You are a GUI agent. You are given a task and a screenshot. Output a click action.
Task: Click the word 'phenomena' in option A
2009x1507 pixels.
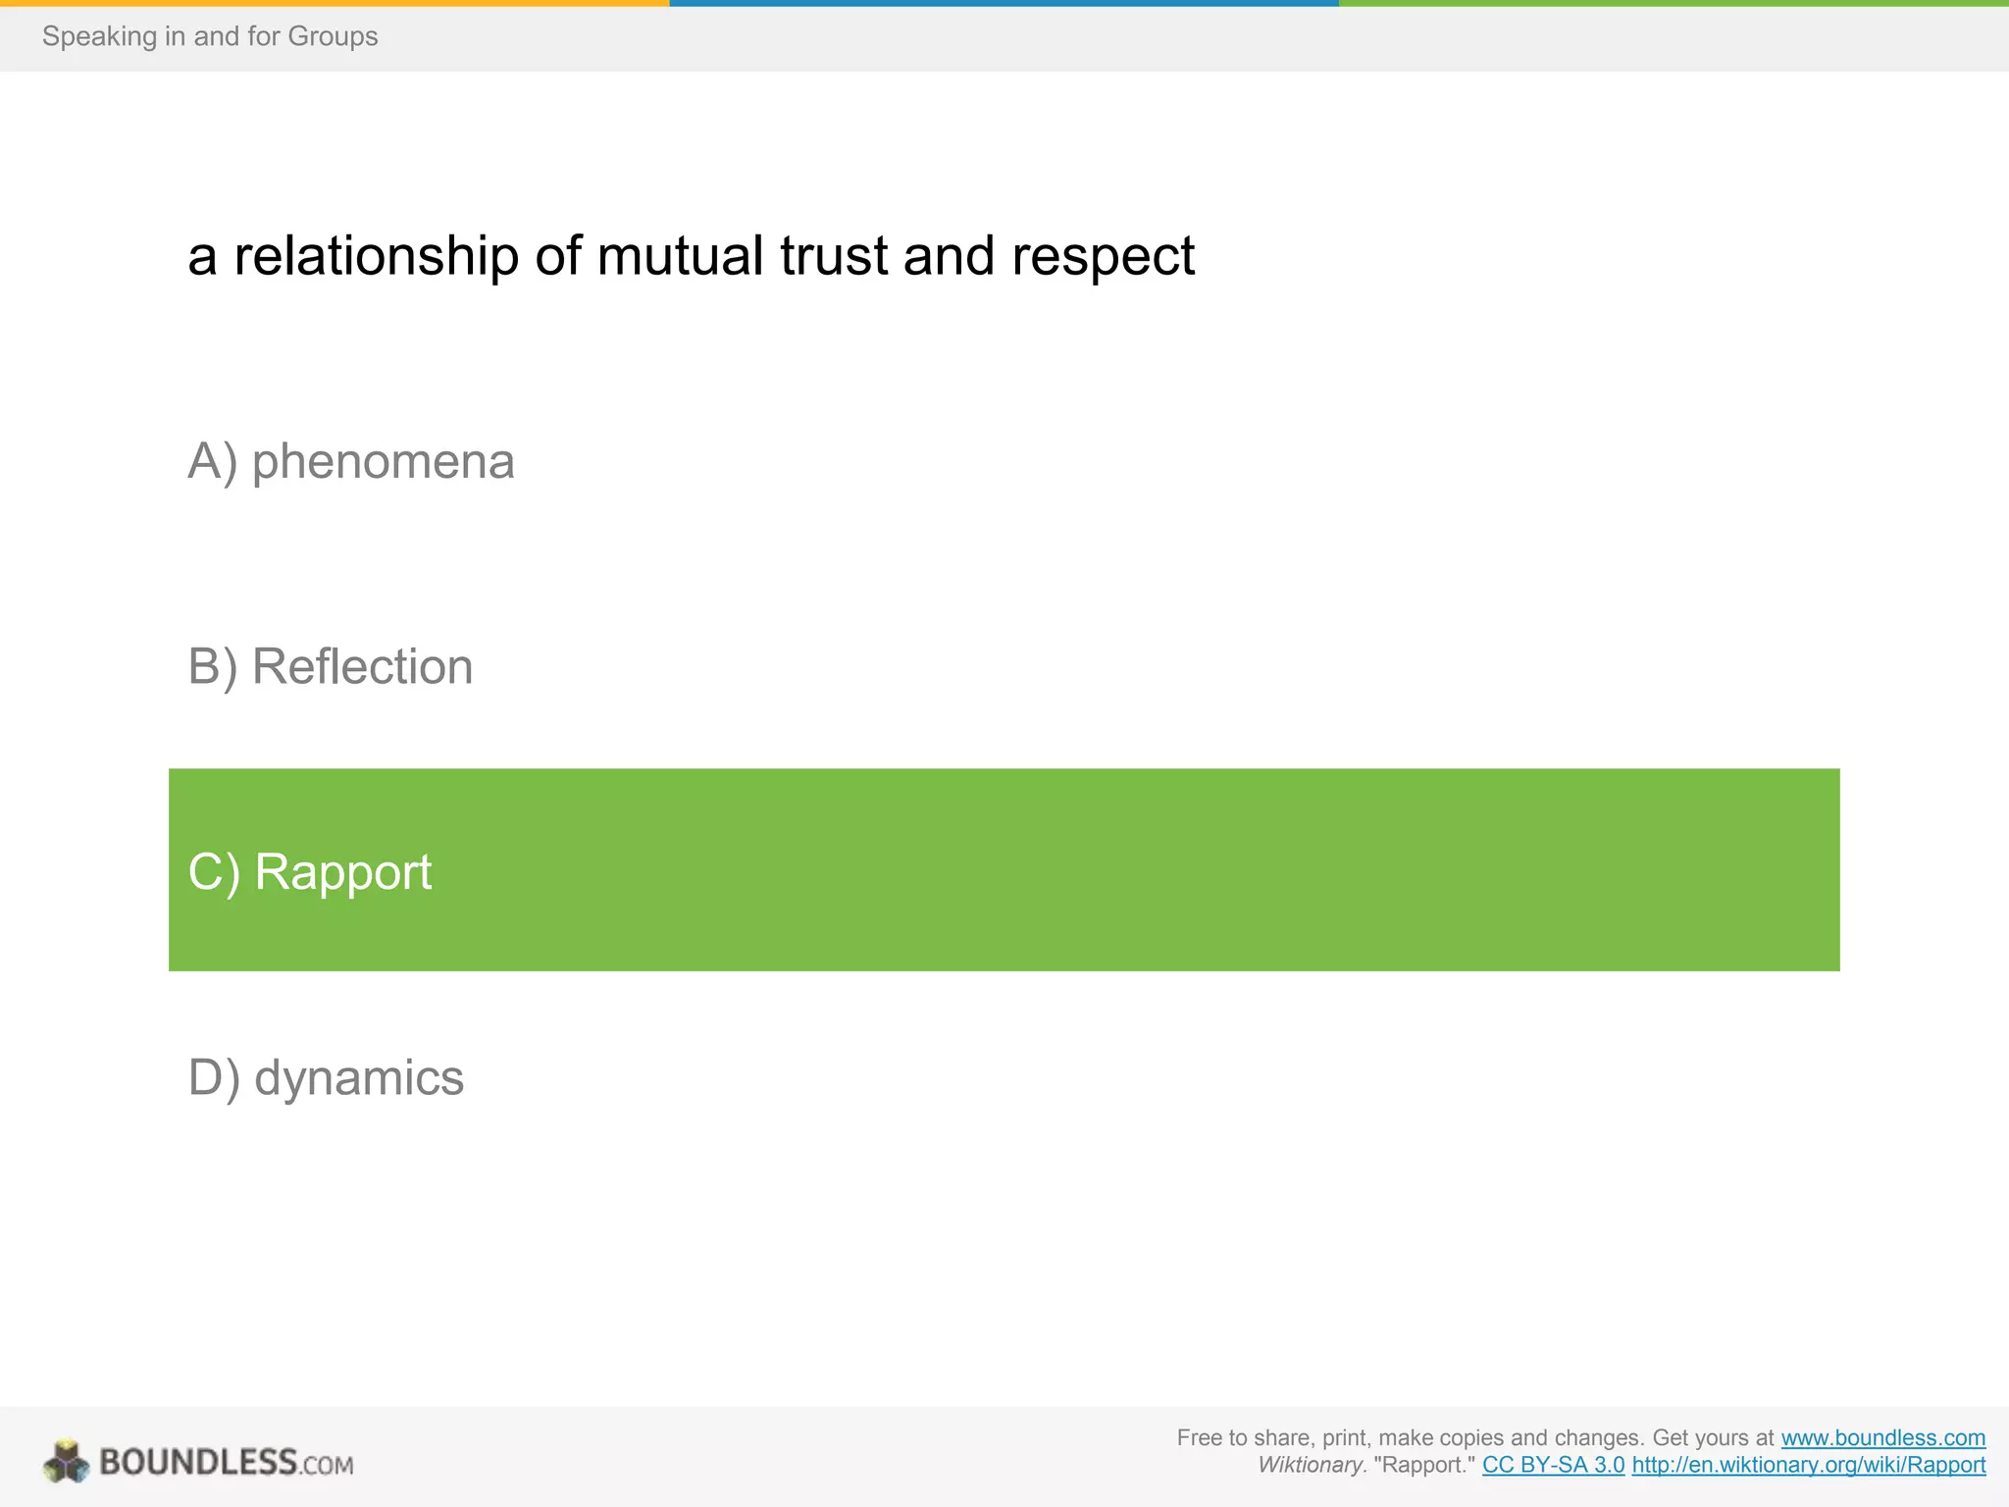(383, 462)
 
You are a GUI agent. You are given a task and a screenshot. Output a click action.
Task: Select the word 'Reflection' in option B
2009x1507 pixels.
(362, 667)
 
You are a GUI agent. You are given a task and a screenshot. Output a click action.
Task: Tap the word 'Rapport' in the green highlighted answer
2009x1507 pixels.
(342, 872)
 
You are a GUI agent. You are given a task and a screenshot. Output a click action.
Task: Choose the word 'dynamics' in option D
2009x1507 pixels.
(358, 1078)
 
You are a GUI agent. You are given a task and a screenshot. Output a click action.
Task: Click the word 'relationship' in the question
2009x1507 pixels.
(376, 257)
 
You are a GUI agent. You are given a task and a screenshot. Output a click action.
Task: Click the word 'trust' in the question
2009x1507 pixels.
(834, 257)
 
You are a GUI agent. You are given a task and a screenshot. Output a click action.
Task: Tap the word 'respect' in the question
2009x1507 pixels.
(1103, 257)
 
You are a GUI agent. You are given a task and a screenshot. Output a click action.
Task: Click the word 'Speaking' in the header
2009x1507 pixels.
(99, 36)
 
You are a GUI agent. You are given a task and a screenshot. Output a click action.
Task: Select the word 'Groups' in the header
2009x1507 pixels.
(339, 36)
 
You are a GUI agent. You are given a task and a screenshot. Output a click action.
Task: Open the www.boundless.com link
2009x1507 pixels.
(1882, 1437)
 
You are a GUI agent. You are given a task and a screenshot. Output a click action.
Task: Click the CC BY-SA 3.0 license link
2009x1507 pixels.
(1553, 1465)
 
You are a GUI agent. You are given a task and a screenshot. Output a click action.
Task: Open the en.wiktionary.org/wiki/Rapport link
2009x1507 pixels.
(1808, 1465)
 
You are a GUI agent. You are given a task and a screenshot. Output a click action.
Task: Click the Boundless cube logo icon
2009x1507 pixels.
(66, 1462)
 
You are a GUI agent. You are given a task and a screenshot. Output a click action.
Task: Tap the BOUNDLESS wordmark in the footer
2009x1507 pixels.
(198, 1462)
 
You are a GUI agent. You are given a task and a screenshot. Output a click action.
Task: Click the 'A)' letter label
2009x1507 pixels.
(213, 462)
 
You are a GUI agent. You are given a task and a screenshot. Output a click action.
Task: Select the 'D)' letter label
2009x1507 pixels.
(214, 1078)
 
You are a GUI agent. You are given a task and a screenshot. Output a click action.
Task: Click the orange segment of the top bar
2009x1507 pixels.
(334, 3)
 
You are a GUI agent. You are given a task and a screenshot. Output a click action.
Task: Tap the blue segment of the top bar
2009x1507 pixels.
(1004, 3)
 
